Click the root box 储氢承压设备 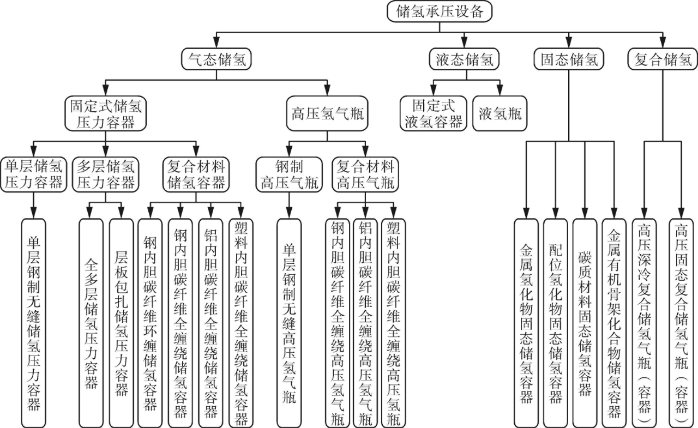441,12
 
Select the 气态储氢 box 216,59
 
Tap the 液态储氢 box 464,59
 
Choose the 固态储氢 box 569,59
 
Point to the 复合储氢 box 663,59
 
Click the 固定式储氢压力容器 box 106,114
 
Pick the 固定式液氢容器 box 433,114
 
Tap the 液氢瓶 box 500,114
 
